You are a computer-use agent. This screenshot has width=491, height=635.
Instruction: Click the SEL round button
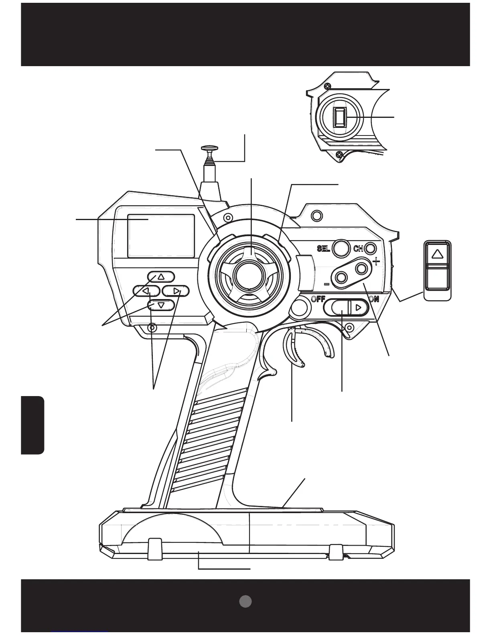pyautogui.click(x=341, y=248)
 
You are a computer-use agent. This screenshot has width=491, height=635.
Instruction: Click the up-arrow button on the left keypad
pyautogui.click(x=161, y=277)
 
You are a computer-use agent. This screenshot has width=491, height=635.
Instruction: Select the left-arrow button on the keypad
pyautogui.click(x=146, y=291)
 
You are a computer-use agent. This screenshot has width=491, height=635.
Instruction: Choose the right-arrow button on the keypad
pyautogui.click(x=176, y=291)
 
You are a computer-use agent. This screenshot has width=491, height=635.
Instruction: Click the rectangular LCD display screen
pyautogui.click(x=161, y=236)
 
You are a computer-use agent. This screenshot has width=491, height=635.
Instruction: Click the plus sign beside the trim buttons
pyautogui.click(x=376, y=262)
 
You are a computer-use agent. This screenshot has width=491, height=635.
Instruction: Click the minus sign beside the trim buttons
pyautogui.click(x=327, y=284)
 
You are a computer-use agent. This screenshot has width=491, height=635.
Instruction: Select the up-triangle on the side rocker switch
pyautogui.click(x=438, y=254)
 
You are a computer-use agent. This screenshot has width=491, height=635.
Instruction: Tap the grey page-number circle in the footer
pyautogui.click(x=245, y=601)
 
